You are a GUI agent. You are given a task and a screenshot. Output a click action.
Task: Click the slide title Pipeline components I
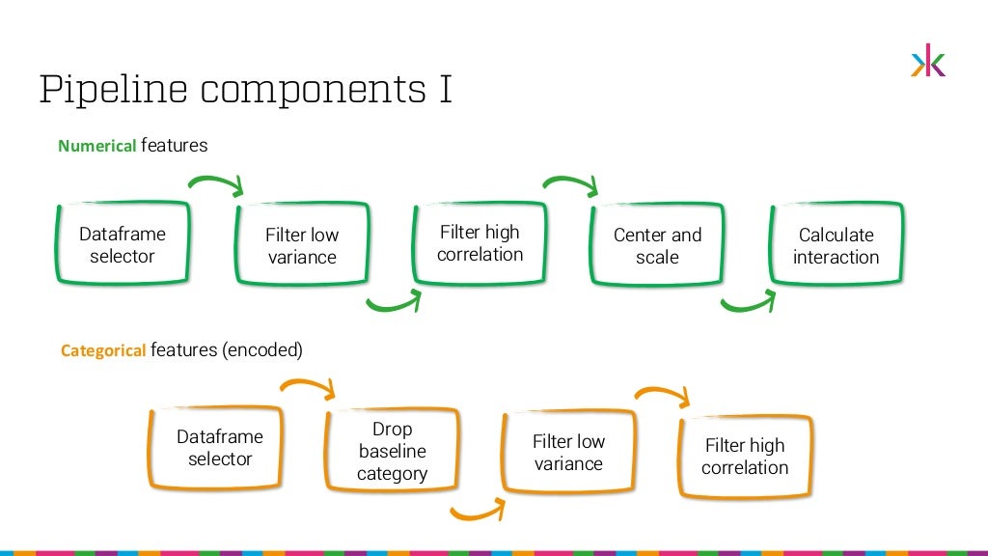246,89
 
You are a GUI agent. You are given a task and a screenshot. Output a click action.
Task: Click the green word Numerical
97,147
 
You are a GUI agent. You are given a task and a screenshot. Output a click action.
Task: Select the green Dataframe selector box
122,245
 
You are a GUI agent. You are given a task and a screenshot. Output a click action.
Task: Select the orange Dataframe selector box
219,448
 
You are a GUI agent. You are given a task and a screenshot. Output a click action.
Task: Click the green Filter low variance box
301,246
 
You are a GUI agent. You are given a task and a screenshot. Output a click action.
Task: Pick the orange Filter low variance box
568,453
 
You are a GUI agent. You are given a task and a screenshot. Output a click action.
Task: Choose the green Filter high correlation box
480,243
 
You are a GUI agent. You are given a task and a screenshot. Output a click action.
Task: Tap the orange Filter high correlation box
745,457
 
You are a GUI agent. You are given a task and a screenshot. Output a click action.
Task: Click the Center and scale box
657,246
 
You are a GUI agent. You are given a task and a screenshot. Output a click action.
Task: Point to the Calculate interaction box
837,246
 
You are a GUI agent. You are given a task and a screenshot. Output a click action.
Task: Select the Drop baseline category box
392,451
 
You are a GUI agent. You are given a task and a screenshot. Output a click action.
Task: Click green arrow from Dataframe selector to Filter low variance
217,182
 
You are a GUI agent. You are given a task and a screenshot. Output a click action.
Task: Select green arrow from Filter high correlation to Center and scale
571,182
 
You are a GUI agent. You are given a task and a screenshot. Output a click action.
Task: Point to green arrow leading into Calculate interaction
748,304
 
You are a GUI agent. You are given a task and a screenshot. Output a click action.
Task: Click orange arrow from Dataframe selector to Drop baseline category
308,387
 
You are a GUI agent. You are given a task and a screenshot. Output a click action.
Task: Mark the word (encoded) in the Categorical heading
262,350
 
